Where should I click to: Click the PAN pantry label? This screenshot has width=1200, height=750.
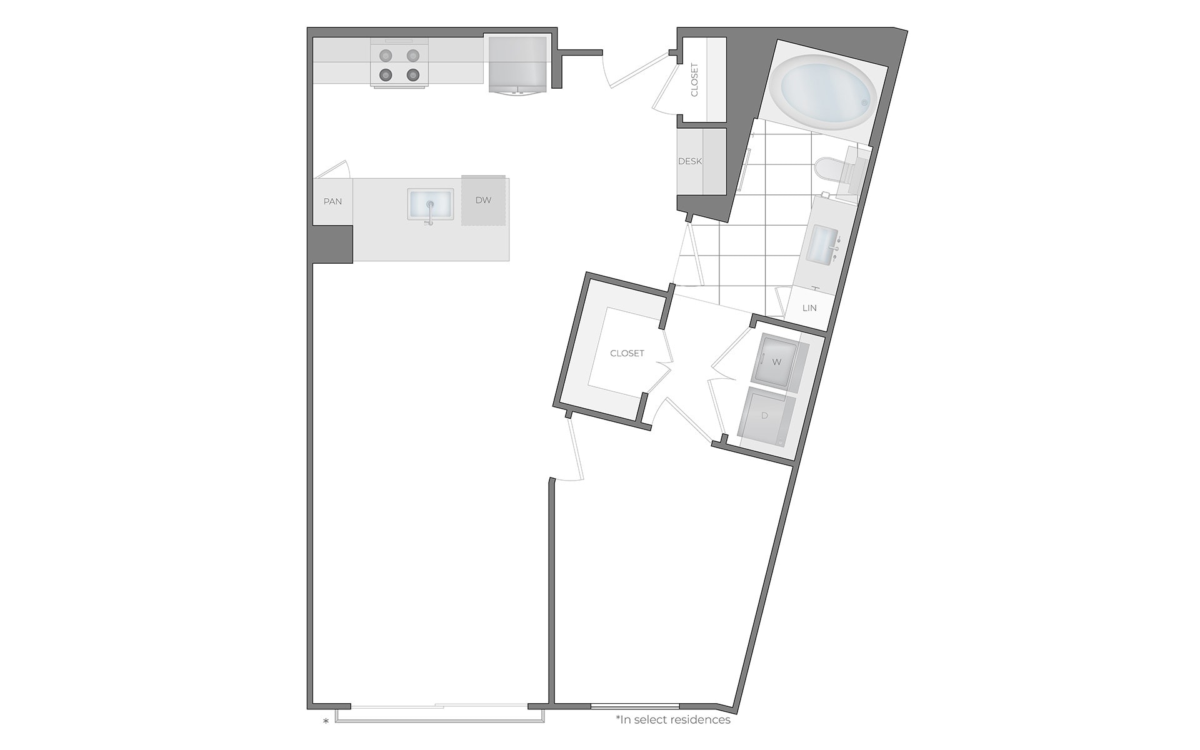332,201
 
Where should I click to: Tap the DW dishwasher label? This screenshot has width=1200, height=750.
483,200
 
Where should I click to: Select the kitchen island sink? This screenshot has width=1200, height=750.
431,204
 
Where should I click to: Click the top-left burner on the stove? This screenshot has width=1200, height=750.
386,55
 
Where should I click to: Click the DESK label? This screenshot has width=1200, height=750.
690,161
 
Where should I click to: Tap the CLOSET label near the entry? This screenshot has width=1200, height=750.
694,80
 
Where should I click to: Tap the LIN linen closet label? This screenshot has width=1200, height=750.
809,308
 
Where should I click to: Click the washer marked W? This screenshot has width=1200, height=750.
777,362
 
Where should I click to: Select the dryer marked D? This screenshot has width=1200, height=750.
764,416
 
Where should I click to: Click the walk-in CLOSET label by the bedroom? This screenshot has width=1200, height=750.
627,353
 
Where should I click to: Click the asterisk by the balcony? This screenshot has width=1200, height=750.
326,722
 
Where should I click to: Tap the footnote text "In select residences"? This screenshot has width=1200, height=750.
673,719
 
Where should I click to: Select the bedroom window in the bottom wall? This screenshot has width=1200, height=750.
634,707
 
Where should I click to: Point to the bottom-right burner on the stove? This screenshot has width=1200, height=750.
412,75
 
